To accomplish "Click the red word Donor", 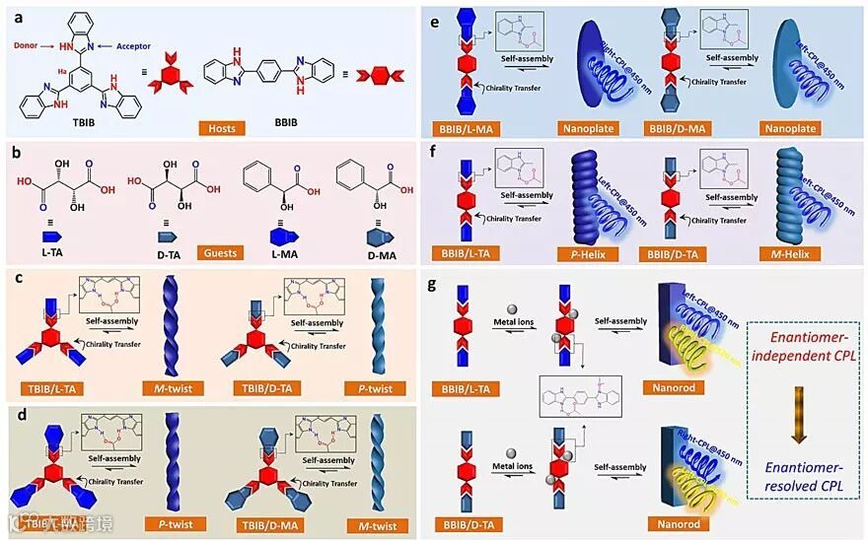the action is point(26,45).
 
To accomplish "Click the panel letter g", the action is point(430,285).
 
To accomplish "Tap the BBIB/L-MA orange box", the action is point(473,128).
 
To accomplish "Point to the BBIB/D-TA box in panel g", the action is point(474,524).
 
